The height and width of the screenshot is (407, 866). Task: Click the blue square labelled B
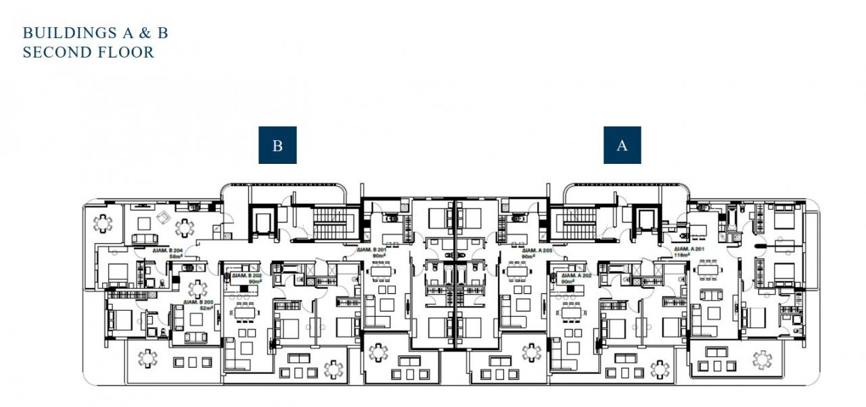[277, 146]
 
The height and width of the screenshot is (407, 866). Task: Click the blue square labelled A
[622, 146]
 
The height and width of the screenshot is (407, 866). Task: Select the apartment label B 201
[371, 250]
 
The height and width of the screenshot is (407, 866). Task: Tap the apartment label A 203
[537, 250]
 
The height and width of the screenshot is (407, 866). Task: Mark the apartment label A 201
[689, 250]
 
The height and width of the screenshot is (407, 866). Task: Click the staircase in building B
[330, 220]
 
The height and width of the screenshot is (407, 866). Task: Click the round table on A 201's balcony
[762, 359]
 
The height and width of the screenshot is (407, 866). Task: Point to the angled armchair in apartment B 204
[162, 217]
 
